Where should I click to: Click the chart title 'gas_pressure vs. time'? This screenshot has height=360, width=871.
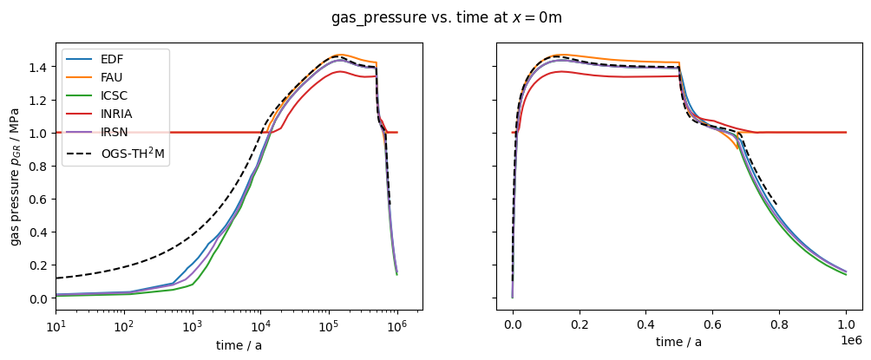click(x=452, y=17)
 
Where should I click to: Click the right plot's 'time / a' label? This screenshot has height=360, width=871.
click(x=678, y=343)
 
